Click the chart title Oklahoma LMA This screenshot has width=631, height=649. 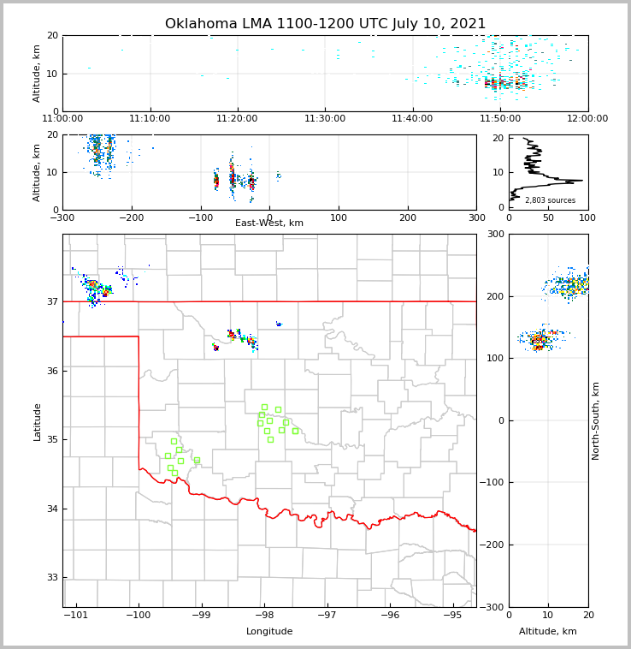click(325, 24)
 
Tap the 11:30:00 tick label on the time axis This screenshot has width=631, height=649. click(325, 118)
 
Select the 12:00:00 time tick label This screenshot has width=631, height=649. click(587, 118)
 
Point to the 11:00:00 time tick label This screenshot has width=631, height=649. click(62, 118)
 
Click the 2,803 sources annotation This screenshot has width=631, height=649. click(550, 200)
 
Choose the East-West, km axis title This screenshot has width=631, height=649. click(269, 223)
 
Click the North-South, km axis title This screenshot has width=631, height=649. click(596, 420)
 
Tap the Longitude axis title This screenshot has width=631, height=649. click(269, 632)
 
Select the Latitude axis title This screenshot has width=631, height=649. click(37, 421)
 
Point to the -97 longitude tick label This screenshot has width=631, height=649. click(327, 616)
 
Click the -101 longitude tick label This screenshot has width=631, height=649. click(76, 616)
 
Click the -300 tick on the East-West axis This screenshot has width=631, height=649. click(62, 217)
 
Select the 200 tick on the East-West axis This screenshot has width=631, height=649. click(408, 217)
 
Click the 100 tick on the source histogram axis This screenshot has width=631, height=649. click(587, 217)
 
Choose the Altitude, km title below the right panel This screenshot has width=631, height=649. click(548, 632)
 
